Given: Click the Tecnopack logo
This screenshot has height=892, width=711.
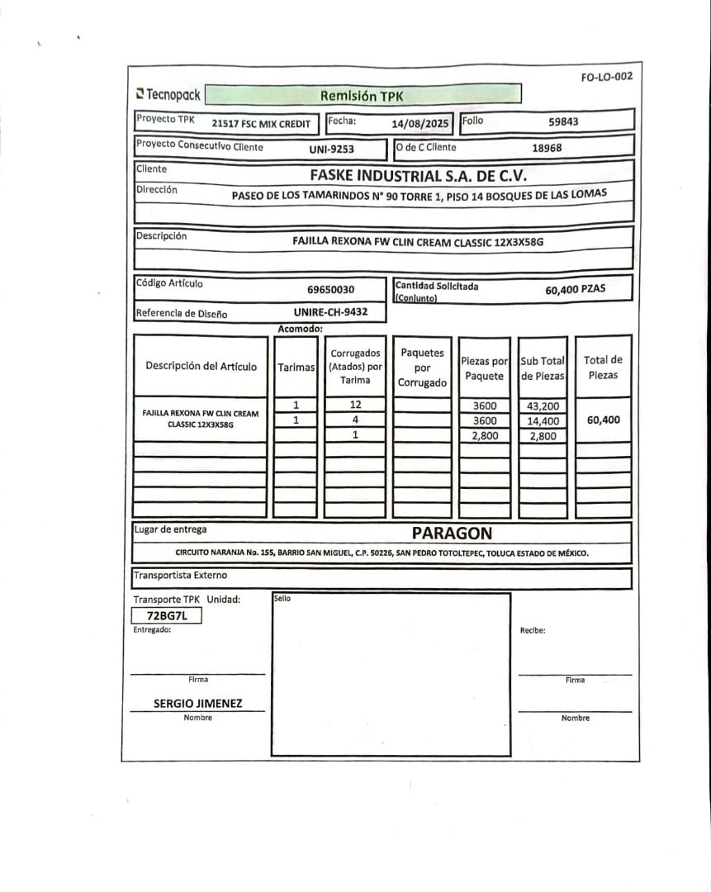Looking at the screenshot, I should [168, 94].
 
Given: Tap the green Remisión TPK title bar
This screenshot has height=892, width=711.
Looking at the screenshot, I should [363, 96].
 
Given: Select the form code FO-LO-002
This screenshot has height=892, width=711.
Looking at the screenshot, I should [606, 77].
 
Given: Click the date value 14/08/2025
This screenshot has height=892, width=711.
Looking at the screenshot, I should [420, 123].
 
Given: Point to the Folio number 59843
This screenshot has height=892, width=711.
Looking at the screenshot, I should [563, 121].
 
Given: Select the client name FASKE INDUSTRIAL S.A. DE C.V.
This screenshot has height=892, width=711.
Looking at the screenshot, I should [418, 175].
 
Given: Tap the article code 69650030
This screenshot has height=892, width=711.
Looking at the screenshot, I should [330, 290].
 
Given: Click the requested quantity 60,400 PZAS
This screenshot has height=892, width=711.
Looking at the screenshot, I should [575, 290].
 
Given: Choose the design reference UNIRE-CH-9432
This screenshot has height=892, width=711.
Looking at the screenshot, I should [330, 312].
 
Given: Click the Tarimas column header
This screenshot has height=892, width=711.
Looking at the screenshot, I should [296, 367].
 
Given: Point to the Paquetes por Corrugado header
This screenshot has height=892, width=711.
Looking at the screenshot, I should [422, 368].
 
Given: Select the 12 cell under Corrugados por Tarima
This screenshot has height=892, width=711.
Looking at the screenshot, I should [355, 405].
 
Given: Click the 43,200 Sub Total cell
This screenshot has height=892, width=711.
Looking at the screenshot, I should [543, 406].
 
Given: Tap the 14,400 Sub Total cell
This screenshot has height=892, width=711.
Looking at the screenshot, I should [543, 420].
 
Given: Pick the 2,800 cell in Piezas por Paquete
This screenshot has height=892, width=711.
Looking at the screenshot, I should [484, 435].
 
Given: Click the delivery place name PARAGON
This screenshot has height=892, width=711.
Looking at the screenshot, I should [452, 534].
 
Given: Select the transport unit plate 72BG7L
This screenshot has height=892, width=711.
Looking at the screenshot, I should [168, 616].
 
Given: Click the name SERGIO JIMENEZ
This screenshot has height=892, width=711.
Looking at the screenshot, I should [198, 704].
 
